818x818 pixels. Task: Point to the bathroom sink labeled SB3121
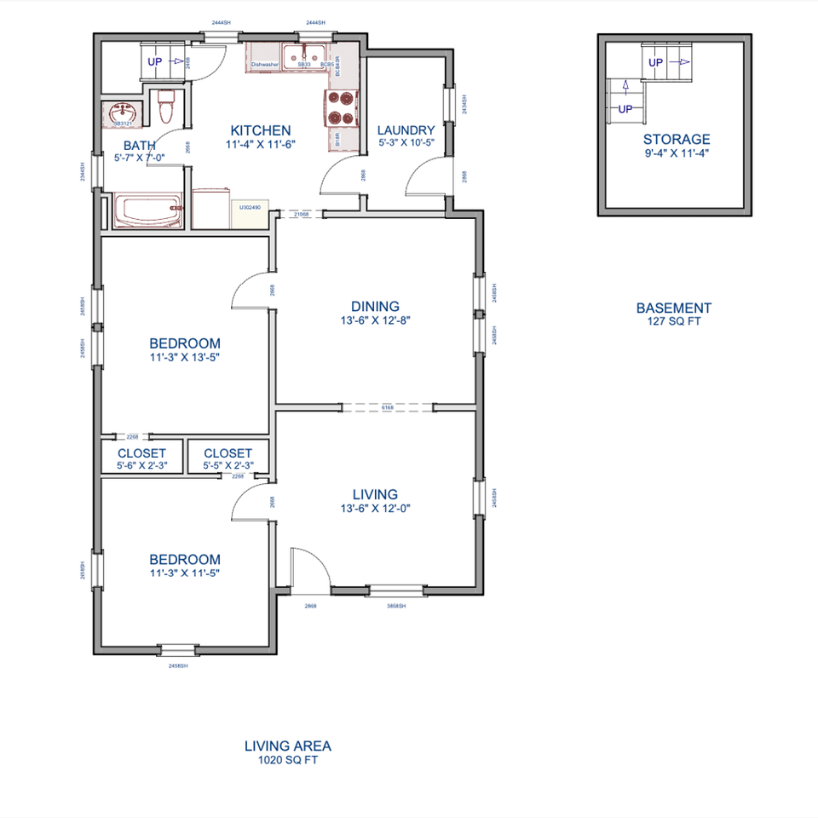(x=124, y=112)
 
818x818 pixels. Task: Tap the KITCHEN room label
(x=261, y=130)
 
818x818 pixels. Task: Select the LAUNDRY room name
(x=406, y=130)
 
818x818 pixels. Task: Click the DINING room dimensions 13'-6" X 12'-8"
(x=375, y=321)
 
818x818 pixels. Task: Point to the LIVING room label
(x=375, y=494)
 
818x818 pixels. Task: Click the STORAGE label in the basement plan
(x=677, y=140)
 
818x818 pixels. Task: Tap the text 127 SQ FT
(x=673, y=322)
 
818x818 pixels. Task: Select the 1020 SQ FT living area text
(x=288, y=761)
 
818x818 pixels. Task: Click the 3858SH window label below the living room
(x=396, y=606)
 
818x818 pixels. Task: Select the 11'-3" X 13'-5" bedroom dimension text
(x=185, y=358)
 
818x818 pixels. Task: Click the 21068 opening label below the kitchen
(x=301, y=215)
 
